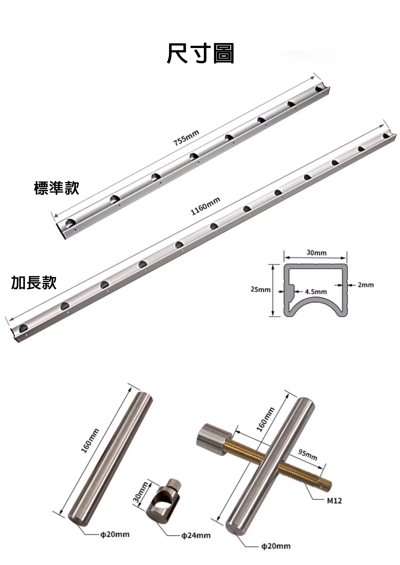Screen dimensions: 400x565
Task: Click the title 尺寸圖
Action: (x=201, y=53)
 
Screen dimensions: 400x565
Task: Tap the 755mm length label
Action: (x=186, y=138)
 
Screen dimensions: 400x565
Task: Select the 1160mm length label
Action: (x=206, y=206)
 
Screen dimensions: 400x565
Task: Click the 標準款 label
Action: (x=57, y=188)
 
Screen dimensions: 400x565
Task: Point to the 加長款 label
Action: (x=34, y=283)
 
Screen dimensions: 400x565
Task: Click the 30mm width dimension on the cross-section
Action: (x=316, y=252)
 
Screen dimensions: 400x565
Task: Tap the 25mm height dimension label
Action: (x=260, y=289)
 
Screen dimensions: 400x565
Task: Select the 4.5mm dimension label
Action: (x=315, y=292)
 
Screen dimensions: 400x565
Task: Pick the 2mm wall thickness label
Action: (x=366, y=285)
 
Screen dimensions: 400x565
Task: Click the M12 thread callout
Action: (x=334, y=500)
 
